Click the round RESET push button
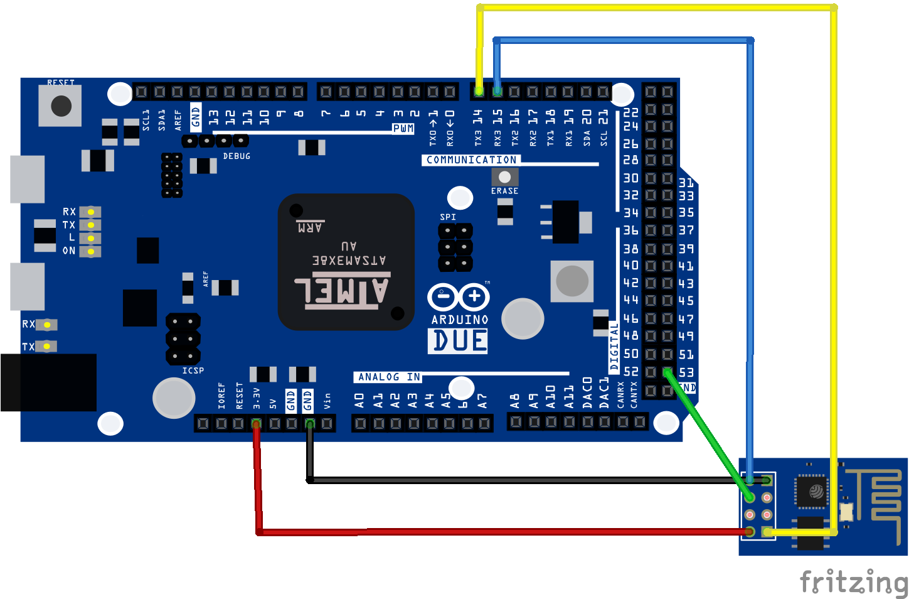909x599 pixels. [x=61, y=105]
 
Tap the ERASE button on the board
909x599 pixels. [x=504, y=177]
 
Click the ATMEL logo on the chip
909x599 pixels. [x=343, y=291]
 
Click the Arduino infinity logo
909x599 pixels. [x=459, y=297]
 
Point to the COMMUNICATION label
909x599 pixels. [x=471, y=160]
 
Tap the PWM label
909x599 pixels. [x=403, y=129]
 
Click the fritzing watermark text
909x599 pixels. [x=853, y=582]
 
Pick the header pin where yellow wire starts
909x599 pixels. [x=479, y=92]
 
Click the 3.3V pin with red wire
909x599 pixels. [x=256, y=424]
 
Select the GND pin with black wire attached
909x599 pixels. [x=309, y=424]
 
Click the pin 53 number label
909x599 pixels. [x=686, y=372]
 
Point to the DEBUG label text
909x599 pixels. [x=237, y=156]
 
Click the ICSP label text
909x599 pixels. [x=193, y=370]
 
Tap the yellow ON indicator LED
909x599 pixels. [x=91, y=251]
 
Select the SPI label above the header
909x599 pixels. [x=448, y=217]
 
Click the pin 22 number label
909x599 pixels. [x=630, y=112]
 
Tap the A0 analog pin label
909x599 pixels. [x=359, y=401]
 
